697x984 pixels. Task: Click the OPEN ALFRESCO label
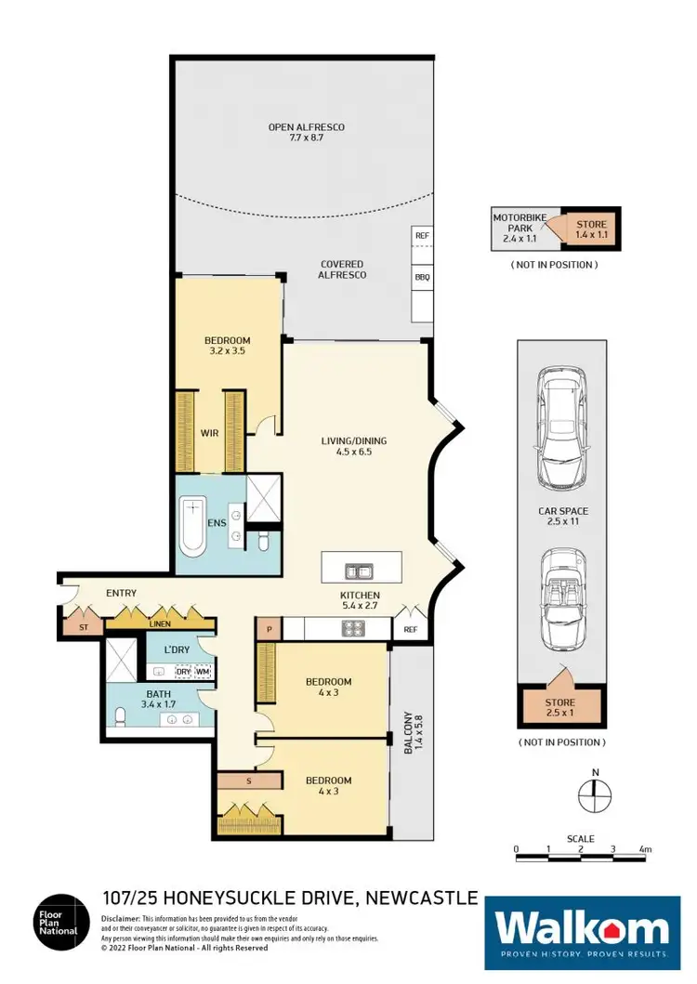tap(306, 133)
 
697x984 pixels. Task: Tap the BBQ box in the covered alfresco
tap(422, 277)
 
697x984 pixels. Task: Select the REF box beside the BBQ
tap(422, 236)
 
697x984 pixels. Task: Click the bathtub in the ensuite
tap(191, 527)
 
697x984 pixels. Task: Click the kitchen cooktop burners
tap(353, 629)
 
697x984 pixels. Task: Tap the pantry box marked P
tap(269, 629)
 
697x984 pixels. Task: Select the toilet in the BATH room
tap(120, 715)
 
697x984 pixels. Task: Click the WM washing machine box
tap(204, 671)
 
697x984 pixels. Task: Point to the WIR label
tap(210, 433)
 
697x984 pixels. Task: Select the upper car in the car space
tap(561, 428)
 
